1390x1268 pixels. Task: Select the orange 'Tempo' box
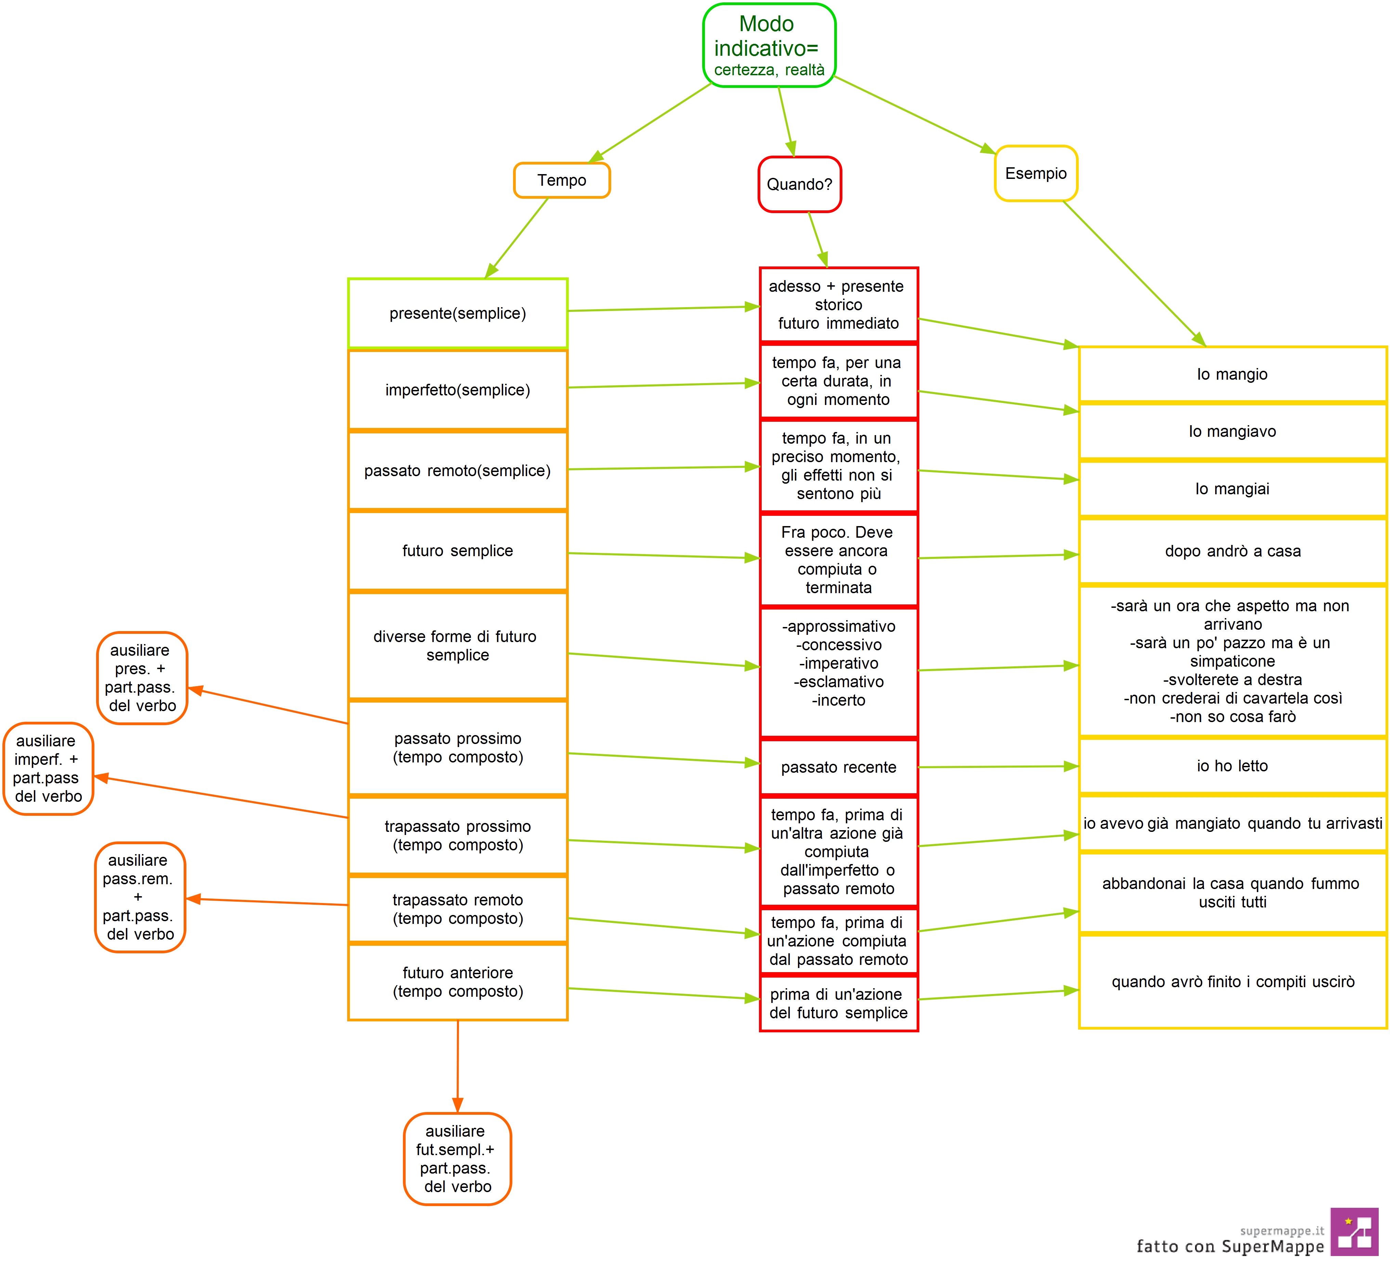(x=562, y=180)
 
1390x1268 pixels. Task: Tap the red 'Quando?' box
(x=800, y=184)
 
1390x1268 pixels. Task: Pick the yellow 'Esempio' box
(x=1036, y=173)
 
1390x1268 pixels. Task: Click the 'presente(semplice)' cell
(x=458, y=313)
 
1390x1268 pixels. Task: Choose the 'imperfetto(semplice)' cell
(x=458, y=390)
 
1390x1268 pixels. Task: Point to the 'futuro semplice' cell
(x=458, y=550)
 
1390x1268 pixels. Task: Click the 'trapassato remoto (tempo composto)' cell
(x=458, y=909)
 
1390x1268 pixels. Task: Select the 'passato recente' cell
(x=838, y=767)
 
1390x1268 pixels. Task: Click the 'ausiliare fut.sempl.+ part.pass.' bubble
(x=457, y=1158)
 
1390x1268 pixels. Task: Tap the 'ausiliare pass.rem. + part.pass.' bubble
(x=140, y=897)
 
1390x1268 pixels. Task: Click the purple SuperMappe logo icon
(x=1354, y=1231)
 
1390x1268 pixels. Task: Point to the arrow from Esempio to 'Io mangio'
(x=1134, y=274)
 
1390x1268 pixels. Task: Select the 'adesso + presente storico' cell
(x=838, y=305)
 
